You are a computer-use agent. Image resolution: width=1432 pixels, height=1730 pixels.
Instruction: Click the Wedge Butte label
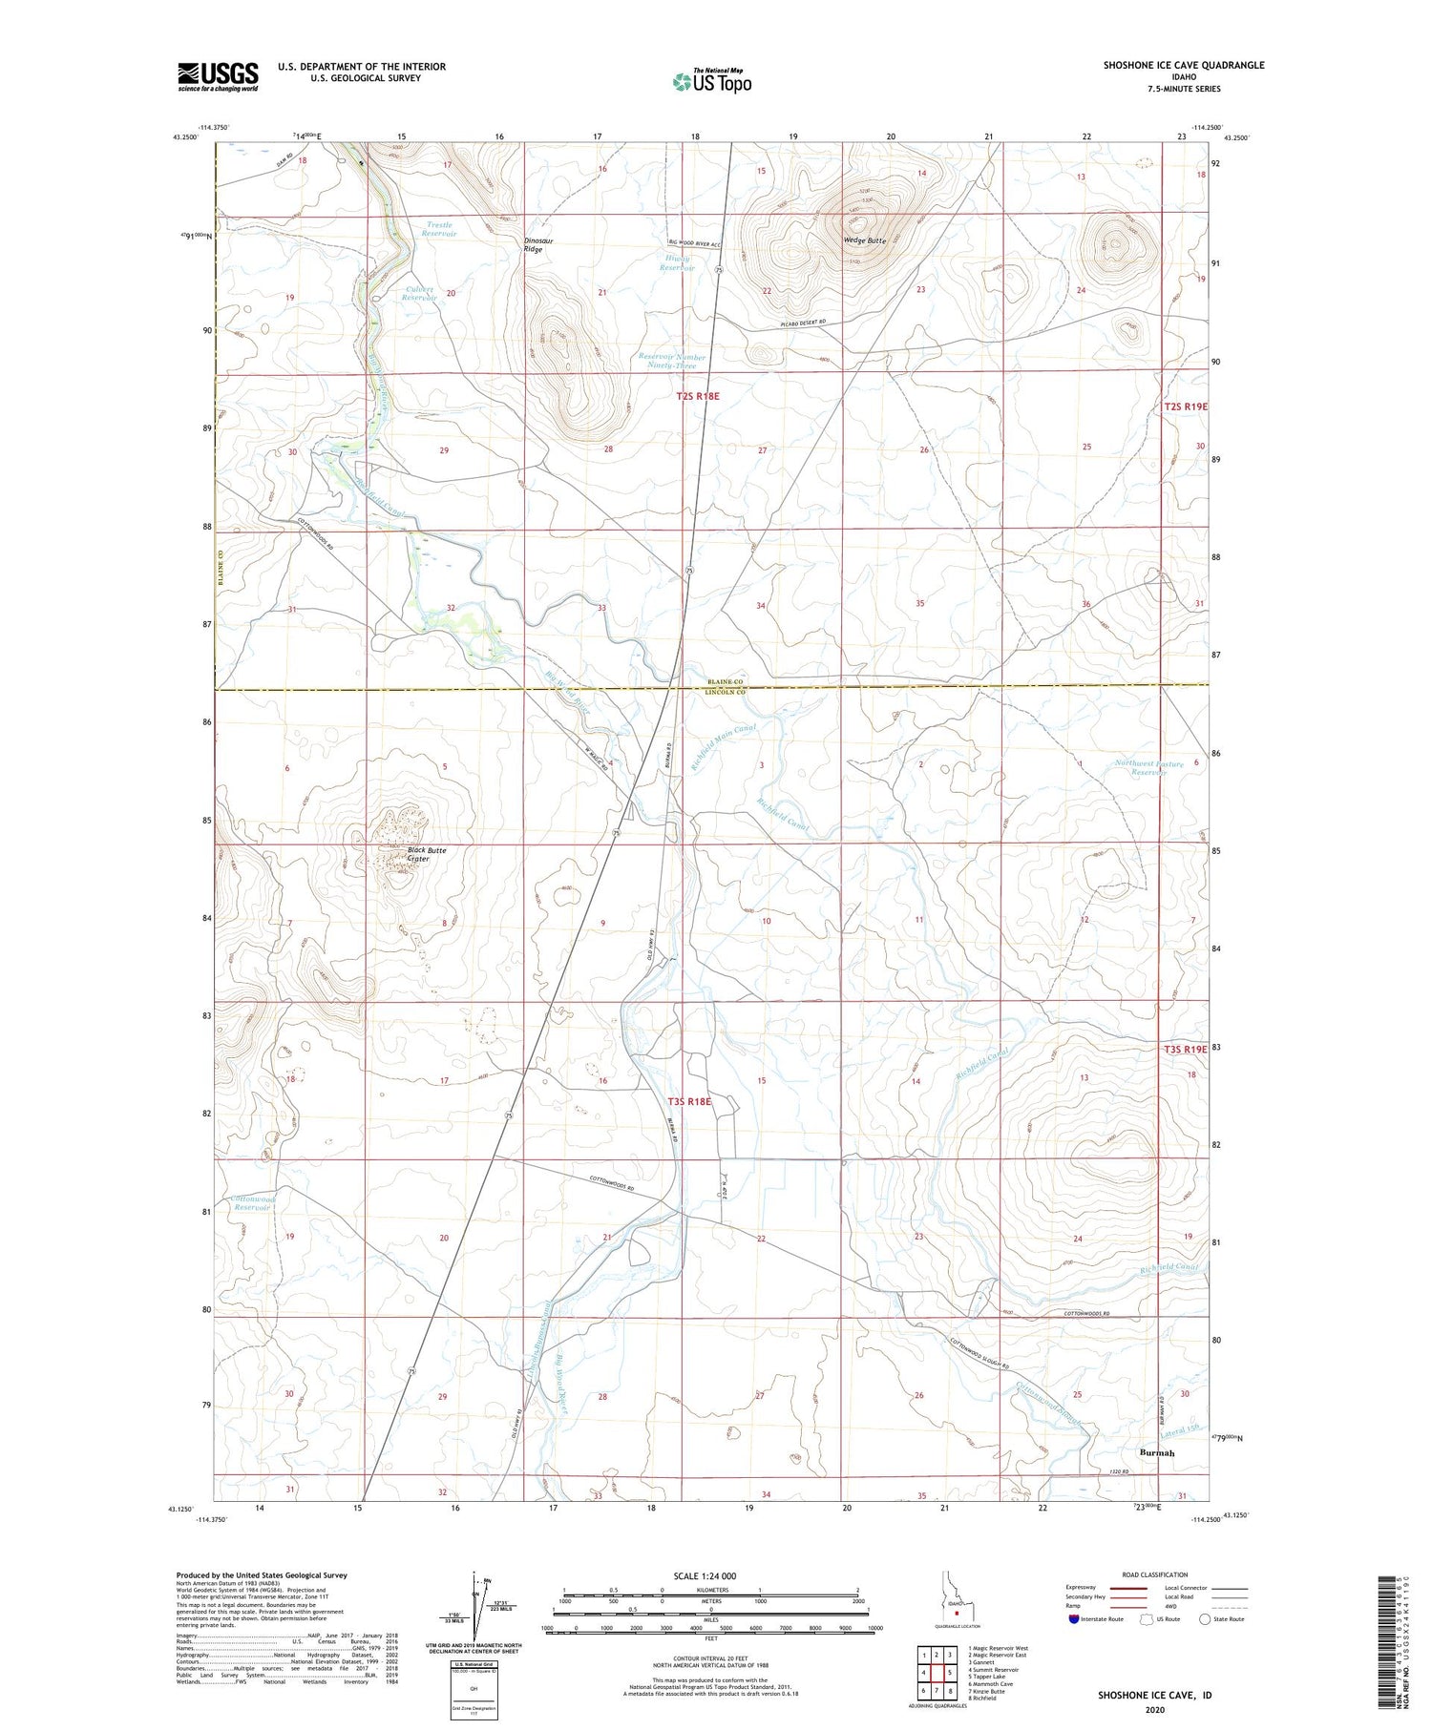click(865, 240)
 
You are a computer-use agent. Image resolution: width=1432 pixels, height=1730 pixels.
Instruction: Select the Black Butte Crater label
click(426, 854)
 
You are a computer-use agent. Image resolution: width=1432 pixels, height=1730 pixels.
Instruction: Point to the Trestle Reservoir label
click(439, 229)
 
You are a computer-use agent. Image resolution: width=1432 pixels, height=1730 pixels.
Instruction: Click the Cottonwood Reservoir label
click(253, 1202)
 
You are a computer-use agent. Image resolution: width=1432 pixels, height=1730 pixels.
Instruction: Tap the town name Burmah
click(1156, 1452)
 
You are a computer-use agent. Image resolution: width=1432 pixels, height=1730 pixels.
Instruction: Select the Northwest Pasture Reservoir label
click(1148, 768)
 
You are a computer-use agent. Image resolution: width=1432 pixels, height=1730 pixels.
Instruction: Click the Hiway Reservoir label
click(677, 262)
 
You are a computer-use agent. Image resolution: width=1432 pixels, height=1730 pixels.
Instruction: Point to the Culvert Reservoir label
click(419, 293)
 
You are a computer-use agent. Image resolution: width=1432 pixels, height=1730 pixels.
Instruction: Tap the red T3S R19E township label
click(1185, 1049)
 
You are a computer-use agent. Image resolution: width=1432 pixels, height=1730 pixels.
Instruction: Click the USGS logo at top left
click(218, 76)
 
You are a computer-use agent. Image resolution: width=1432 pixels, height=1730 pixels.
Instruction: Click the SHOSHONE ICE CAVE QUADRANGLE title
click(1183, 65)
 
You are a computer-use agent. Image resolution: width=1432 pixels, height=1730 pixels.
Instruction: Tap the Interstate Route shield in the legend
click(1073, 1619)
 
